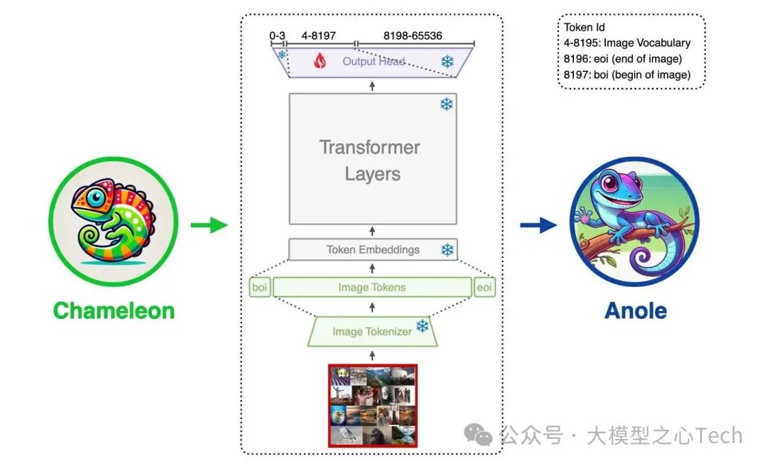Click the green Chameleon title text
coord(114,310)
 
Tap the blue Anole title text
coord(636,310)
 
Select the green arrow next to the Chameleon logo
coord(209,226)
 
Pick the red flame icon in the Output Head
coord(320,62)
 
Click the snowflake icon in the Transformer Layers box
coord(447,105)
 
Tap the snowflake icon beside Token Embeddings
coord(447,250)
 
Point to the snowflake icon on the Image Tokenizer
coord(423,326)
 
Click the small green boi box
coord(260,288)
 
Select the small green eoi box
coord(485,288)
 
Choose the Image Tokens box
coord(372,288)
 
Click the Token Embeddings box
coord(373,250)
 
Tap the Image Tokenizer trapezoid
coord(372,332)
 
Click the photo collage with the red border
coord(373,406)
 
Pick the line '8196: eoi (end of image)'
coord(623,59)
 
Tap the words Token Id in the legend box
coord(584,28)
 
